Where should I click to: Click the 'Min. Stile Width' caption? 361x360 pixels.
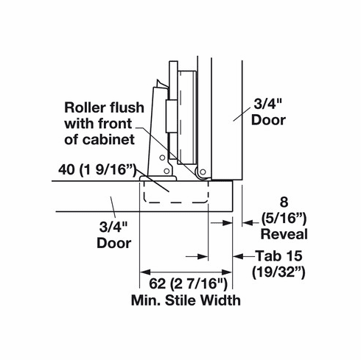coord(185,300)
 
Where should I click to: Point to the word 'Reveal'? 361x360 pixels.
coord(284,234)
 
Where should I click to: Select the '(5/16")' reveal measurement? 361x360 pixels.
coord(284,219)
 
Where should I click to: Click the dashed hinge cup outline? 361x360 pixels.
coord(174,194)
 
